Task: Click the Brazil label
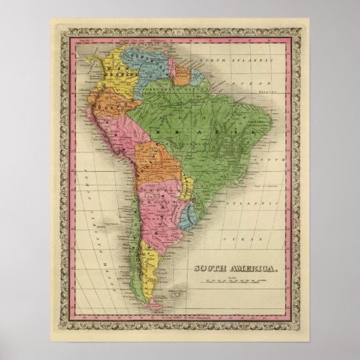click(x=206, y=130)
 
